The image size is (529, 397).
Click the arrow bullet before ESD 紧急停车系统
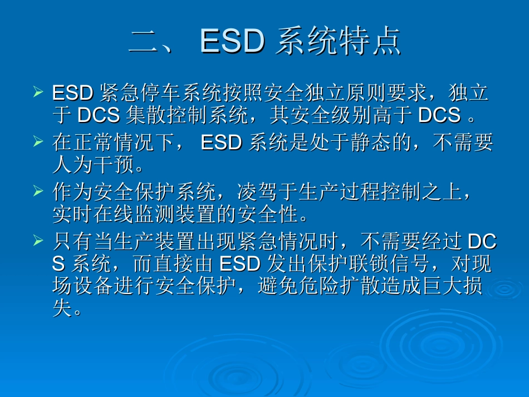pyautogui.click(x=38, y=91)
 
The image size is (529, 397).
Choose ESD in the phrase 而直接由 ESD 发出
pyautogui.click(x=240, y=263)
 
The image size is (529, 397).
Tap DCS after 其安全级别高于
pyautogui.click(x=439, y=115)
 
